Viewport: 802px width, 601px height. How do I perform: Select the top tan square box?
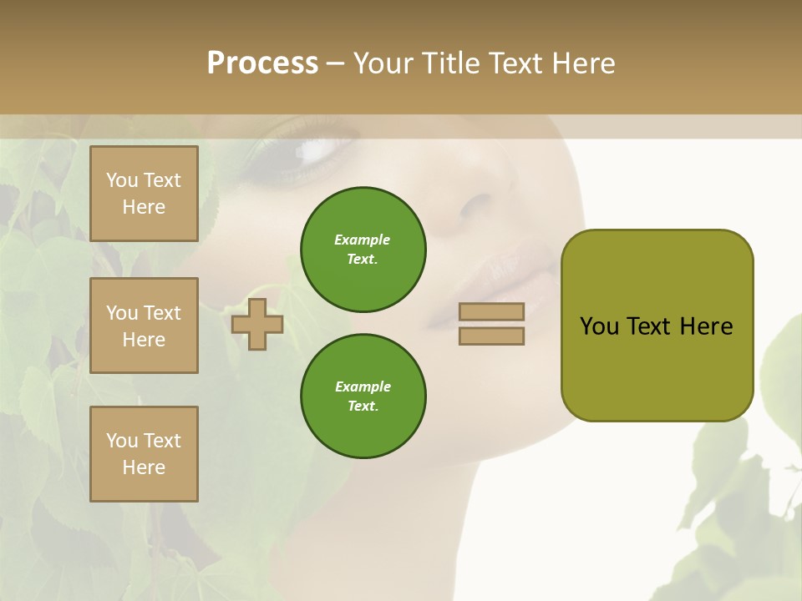[144, 194]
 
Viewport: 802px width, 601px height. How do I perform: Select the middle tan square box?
[144, 326]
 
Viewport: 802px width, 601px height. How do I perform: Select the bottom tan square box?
[144, 454]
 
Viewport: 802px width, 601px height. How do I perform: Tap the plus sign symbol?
[257, 324]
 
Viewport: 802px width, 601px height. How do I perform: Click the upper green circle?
[363, 250]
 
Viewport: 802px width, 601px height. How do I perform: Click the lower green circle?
[363, 396]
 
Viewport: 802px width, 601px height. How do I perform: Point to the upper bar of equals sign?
[491, 312]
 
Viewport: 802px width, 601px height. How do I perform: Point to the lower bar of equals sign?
[491, 336]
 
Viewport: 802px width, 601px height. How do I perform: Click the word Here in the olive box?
[706, 326]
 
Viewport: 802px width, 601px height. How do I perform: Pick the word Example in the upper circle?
[362, 240]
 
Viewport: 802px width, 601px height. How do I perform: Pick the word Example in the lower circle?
[363, 386]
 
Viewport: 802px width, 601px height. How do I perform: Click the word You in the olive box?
[599, 326]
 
